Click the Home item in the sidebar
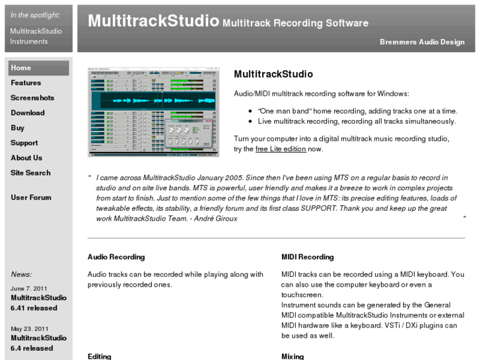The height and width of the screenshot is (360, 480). coord(21,68)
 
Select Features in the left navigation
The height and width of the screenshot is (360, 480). coord(26,83)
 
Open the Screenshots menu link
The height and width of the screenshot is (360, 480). coord(32,98)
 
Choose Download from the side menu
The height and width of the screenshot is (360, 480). coord(28,113)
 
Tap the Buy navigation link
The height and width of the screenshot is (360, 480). coord(18,128)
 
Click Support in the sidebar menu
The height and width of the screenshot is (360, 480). coord(24,143)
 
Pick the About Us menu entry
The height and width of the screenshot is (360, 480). coord(26,158)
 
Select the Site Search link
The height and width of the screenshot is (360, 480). coord(30,173)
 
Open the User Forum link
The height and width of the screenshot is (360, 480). coord(31,198)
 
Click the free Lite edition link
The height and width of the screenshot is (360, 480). coord(281,149)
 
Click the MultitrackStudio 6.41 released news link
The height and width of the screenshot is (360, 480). coord(38,303)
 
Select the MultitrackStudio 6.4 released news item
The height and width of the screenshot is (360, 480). coord(38,343)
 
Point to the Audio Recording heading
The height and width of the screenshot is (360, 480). coord(116,257)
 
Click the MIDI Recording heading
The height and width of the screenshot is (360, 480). coord(308,257)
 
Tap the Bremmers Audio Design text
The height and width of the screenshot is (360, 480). coord(422,42)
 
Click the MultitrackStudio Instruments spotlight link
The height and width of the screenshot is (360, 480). coord(36,36)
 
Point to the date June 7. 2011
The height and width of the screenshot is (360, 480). coord(29,288)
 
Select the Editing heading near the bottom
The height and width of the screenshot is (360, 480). coord(100,356)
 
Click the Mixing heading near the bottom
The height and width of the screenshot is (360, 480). coord(292,356)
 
